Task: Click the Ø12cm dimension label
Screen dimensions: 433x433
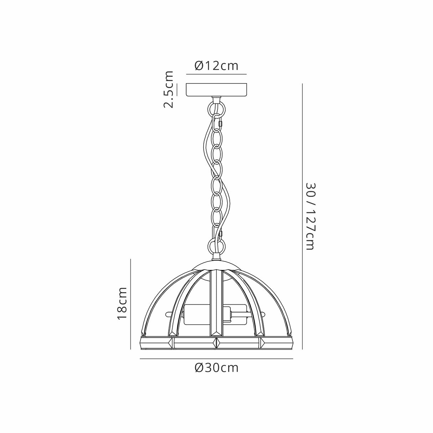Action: click(x=216, y=66)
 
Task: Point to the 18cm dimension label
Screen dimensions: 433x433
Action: click(x=122, y=303)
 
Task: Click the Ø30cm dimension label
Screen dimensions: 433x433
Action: click(x=216, y=368)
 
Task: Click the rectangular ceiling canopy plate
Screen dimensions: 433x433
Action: click(x=216, y=90)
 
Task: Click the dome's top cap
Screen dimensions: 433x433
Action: click(x=216, y=266)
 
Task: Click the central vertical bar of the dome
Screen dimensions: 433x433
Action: click(x=216, y=303)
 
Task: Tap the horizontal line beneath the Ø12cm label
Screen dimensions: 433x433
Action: click(x=216, y=74)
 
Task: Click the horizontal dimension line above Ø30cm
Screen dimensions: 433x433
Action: click(x=216, y=358)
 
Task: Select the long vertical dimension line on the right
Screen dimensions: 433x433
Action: click(x=302, y=216)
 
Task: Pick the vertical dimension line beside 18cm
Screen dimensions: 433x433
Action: click(x=131, y=304)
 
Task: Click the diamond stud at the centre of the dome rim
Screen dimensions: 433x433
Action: click(x=216, y=343)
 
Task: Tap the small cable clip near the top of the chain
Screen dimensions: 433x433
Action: click(x=221, y=124)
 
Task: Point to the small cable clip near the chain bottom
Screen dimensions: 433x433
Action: click(x=221, y=234)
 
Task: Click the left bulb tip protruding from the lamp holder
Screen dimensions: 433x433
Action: click(x=168, y=315)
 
